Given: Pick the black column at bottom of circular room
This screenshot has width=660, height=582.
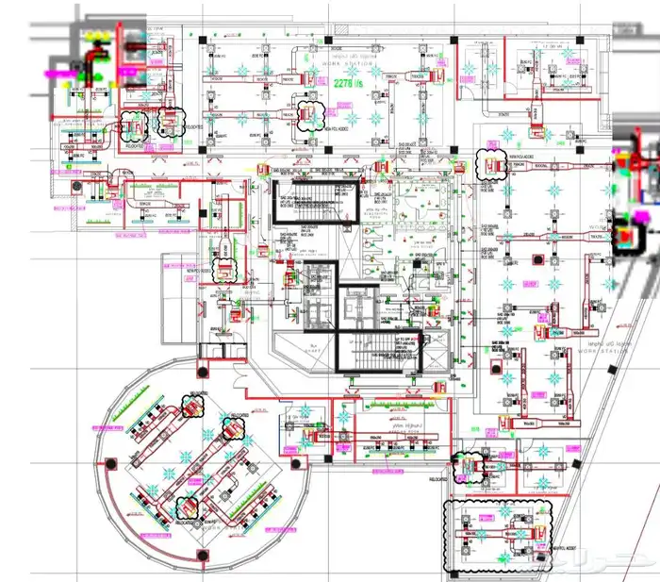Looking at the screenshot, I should pyautogui.click(x=201, y=549).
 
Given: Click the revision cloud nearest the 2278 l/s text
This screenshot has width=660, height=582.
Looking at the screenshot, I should pyautogui.click(x=310, y=114).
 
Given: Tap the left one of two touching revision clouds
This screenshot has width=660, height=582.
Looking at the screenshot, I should pyautogui.click(x=138, y=125).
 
